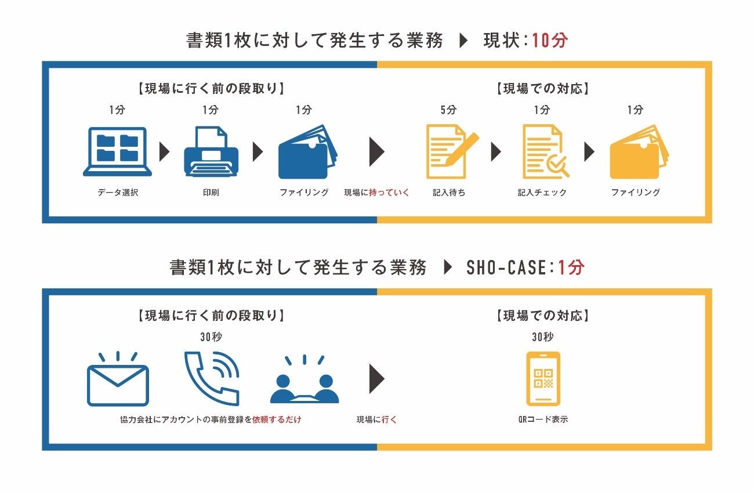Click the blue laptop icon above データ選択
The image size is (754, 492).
(118, 151)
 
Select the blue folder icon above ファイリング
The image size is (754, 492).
(307, 151)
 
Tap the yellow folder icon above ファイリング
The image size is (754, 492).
(639, 151)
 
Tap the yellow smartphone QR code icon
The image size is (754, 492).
(543, 378)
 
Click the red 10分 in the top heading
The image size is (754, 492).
(549, 41)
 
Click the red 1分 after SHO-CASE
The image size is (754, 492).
(571, 267)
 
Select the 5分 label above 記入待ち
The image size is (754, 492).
(448, 110)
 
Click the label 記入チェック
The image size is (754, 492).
(542, 193)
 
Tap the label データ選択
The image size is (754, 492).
(118, 193)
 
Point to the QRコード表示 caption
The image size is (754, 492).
(543, 419)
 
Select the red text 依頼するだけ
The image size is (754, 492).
(277, 419)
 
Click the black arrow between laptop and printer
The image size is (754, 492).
(165, 153)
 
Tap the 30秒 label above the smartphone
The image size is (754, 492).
(543, 337)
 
